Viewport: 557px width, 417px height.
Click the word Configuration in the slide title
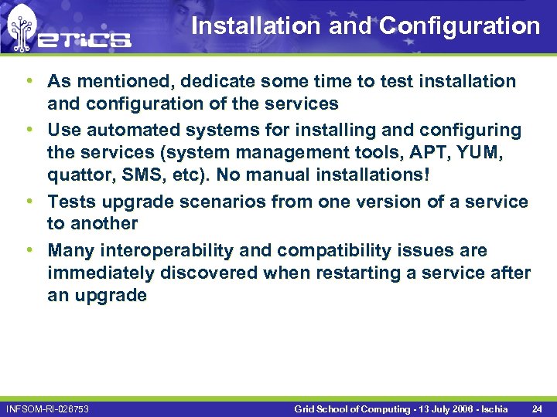460,26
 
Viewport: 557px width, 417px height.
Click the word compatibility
348,251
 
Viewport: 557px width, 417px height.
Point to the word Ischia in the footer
493,408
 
